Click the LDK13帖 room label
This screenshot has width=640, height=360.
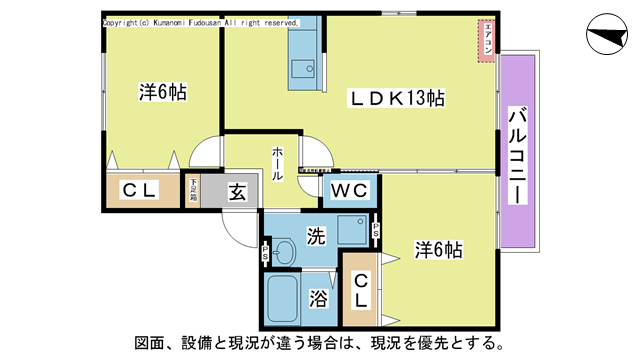click(396, 98)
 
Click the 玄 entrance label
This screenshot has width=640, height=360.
click(237, 190)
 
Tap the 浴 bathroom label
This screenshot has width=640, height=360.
click(318, 298)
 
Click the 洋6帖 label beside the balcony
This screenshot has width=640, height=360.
click(438, 250)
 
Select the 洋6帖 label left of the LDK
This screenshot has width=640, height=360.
click(162, 91)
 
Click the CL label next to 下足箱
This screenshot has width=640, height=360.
click(137, 190)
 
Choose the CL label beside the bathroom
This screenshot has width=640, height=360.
click(359, 289)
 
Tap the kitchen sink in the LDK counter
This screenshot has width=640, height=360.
click(302, 68)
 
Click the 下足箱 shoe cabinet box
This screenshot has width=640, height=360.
click(191, 190)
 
